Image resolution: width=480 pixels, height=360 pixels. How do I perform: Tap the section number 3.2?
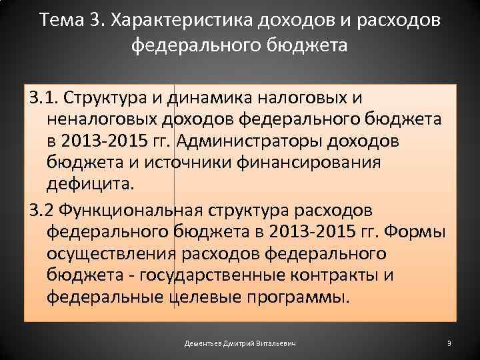[x=40, y=210]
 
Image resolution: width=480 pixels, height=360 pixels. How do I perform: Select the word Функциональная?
[x=131, y=210]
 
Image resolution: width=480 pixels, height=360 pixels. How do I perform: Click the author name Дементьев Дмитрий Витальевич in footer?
[x=240, y=343]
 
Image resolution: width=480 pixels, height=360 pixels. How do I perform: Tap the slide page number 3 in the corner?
[x=449, y=343]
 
